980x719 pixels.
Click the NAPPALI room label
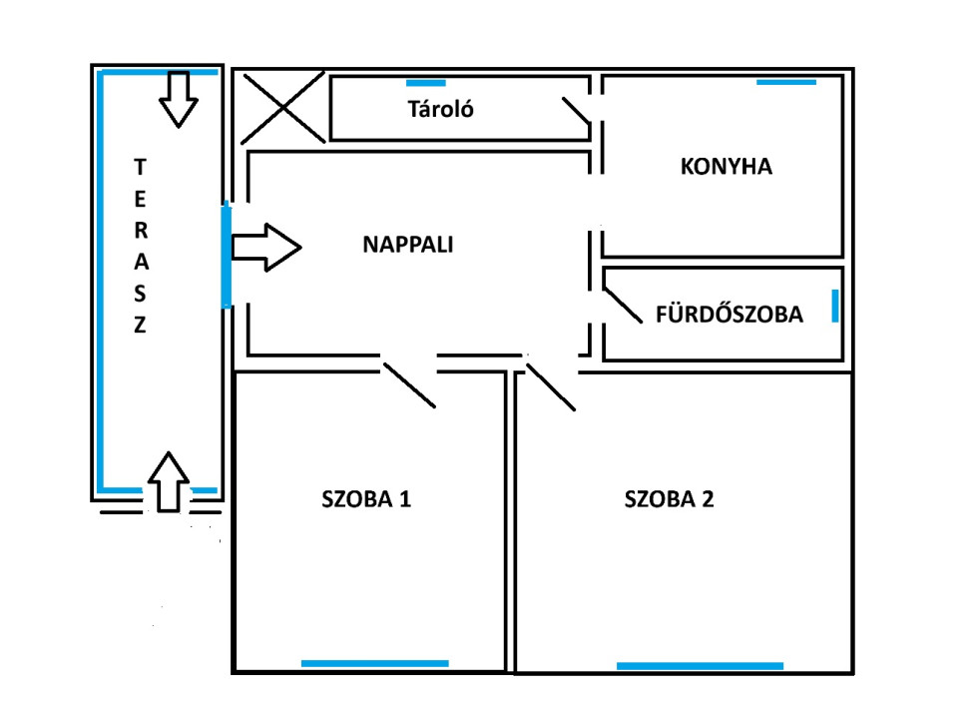point(408,244)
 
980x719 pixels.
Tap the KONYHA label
point(727,167)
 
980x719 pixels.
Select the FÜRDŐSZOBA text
point(730,315)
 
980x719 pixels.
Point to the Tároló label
point(440,109)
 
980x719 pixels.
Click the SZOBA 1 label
point(366,499)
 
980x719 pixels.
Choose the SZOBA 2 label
point(670,499)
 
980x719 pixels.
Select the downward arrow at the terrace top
point(180,99)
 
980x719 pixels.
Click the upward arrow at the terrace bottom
point(168,480)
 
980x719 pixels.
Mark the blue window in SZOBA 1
point(375,662)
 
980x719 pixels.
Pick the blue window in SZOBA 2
point(700,665)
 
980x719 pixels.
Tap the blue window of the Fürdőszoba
point(835,306)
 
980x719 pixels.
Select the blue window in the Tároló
point(426,82)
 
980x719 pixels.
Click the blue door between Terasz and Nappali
point(227,255)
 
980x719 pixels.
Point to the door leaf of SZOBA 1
point(410,382)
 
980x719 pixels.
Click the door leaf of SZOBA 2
point(551,386)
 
